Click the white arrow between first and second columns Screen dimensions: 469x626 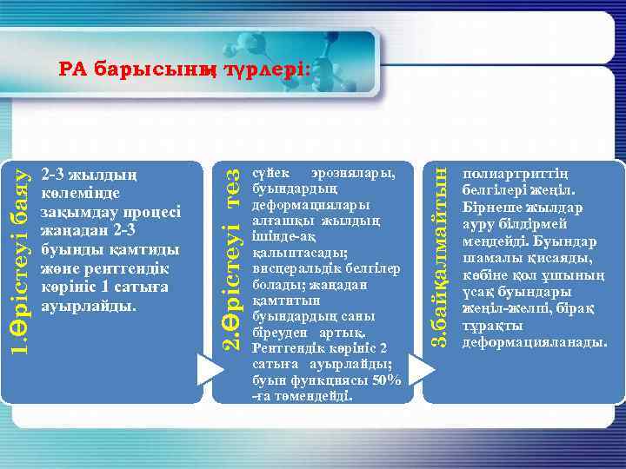pos(210,368)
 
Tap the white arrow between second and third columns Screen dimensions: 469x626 pos(421,368)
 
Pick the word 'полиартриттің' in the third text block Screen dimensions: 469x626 pos(517,174)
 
